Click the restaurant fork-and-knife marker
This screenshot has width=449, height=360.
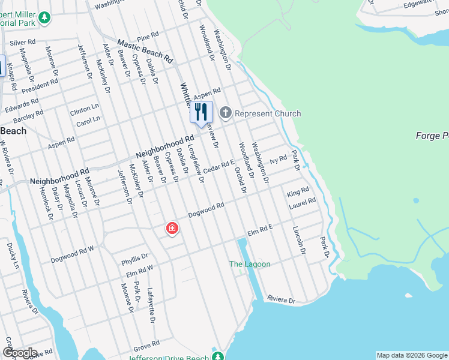tap(201, 112)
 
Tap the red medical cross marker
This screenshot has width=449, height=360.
tap(172, 229)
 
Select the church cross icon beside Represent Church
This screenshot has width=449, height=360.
tap(226, 113)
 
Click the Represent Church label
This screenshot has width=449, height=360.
tap(268, 113)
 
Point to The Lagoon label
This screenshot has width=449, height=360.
tap(250, 264)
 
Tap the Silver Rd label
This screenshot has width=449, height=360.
tap(23, 43)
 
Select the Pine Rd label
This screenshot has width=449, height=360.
tap(147, 38)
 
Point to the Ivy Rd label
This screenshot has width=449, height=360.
tap(278, 160)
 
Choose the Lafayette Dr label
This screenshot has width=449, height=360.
tap(152, 304)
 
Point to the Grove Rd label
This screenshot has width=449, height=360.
tap(146, 344)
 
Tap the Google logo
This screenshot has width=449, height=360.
tap(19, 353)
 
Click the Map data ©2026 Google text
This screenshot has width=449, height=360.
tap(411, 355)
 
